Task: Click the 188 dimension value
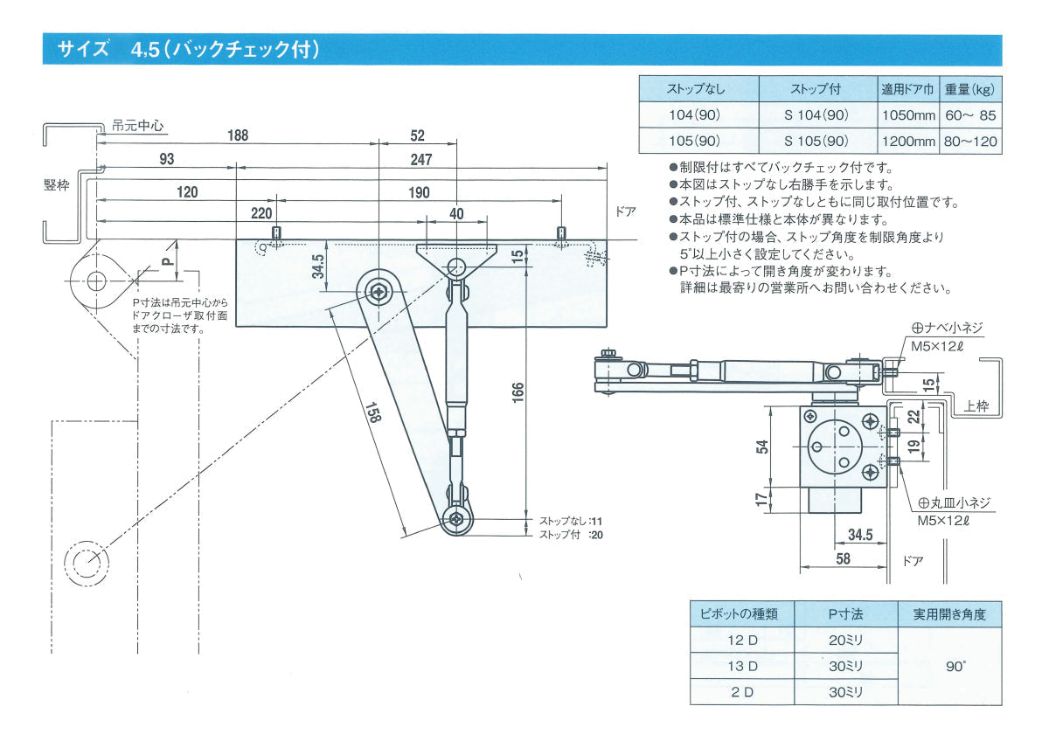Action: tap(237, 135)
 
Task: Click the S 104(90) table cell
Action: tap(816, 115)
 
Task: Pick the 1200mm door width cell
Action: tap(908, 141)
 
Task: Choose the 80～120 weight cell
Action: tap(970, 141)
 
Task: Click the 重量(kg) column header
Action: tap(970, 89)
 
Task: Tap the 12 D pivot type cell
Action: tap(742, 640)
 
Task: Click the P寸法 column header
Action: tap(845, 614)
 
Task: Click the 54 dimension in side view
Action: tap(762, 447)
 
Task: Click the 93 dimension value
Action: tap(166, 159)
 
